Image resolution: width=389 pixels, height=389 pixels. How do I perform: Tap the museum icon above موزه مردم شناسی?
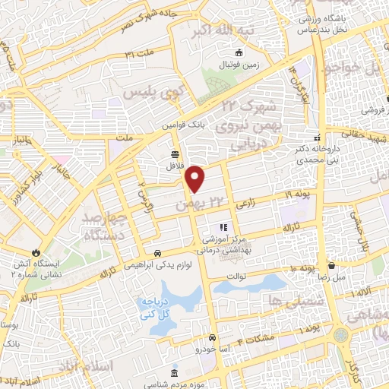(176, 375)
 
